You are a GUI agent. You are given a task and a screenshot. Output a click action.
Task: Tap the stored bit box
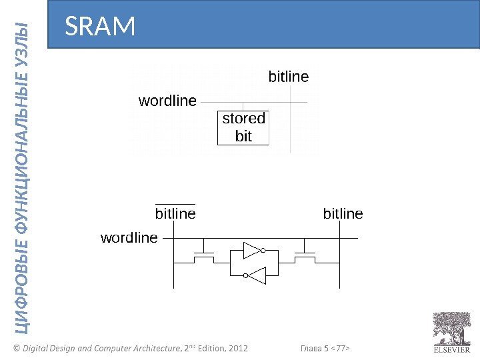pyautogui.click(x=243, y=127)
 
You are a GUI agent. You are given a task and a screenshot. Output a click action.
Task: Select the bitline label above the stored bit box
pyautogui.click(x=288, y=77)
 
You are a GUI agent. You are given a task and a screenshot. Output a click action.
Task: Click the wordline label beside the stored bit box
pyautogui.click(x=167, y=101)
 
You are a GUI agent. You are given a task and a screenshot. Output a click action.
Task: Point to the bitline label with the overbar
pyautogui.click(x=175, y=213)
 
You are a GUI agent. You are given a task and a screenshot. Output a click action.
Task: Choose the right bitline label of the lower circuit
pyautogui.click(x=343, y=213)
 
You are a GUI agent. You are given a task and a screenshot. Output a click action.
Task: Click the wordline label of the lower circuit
pyautogui.click(x=129, y=237)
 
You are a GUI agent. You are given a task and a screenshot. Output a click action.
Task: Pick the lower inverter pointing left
pyautogui.click(x=255, y=274)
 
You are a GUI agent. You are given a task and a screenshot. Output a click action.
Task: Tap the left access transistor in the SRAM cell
pyautogui.click(x=203, y=254)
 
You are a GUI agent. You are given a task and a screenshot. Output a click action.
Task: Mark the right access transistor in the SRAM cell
pyautogui.click(x=306, y=254)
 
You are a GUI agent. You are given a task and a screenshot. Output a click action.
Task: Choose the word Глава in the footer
pyautogui.click(x=311, y=348)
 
